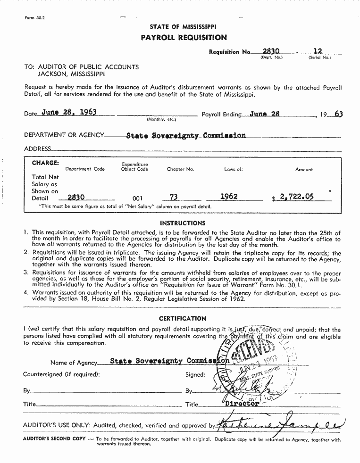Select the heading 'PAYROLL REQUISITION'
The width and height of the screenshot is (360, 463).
coord(184,38)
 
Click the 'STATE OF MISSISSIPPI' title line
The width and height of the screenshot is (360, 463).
coord(183,27)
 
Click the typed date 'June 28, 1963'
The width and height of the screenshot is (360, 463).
coord(69,112)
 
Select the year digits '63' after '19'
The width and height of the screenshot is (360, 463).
coord(338,114)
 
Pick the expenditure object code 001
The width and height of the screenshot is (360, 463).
coord(137,198)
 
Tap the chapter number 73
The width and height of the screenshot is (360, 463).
coord(174,197)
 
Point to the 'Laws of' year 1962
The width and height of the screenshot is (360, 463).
coord(229,197)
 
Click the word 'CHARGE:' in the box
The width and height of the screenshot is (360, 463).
coord(45,163)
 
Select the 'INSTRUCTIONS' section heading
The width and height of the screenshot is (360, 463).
coord(183,223)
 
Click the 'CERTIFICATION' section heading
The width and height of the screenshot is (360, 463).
coord(182,318)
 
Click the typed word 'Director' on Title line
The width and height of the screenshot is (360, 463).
coord(242,404)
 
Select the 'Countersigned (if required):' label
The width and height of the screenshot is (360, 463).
coord(61,374)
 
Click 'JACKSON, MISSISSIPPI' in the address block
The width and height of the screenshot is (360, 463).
coord(71,74)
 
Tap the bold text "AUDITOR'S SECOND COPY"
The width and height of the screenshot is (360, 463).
coord(54,439)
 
